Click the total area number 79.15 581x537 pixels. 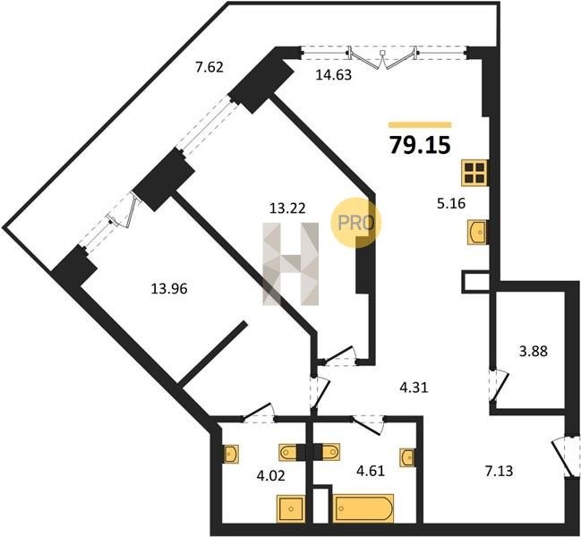pos(420,145)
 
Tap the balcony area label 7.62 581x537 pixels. pos(209,67)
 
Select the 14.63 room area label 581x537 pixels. pos(334,75)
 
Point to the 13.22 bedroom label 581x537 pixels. pos(287,209)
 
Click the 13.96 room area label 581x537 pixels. pos(169,288)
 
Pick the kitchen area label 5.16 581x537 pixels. pos(451,203)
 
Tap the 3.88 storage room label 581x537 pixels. pos(534,351)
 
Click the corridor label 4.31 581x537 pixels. pos(414,388)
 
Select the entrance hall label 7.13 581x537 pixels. pos(500,471)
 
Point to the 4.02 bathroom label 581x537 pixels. pos(271,475)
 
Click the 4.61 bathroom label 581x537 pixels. pos(370,471)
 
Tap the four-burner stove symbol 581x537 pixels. pos(474,173)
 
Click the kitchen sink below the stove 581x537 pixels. pos(477,232)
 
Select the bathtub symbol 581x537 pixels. pos(363,508)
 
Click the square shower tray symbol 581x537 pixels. pos(291,509)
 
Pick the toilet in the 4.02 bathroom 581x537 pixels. pos(288,452)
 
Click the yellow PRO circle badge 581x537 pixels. pos(355,223)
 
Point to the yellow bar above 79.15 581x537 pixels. pos(420,124)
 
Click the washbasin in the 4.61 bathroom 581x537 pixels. pos(406,457)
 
